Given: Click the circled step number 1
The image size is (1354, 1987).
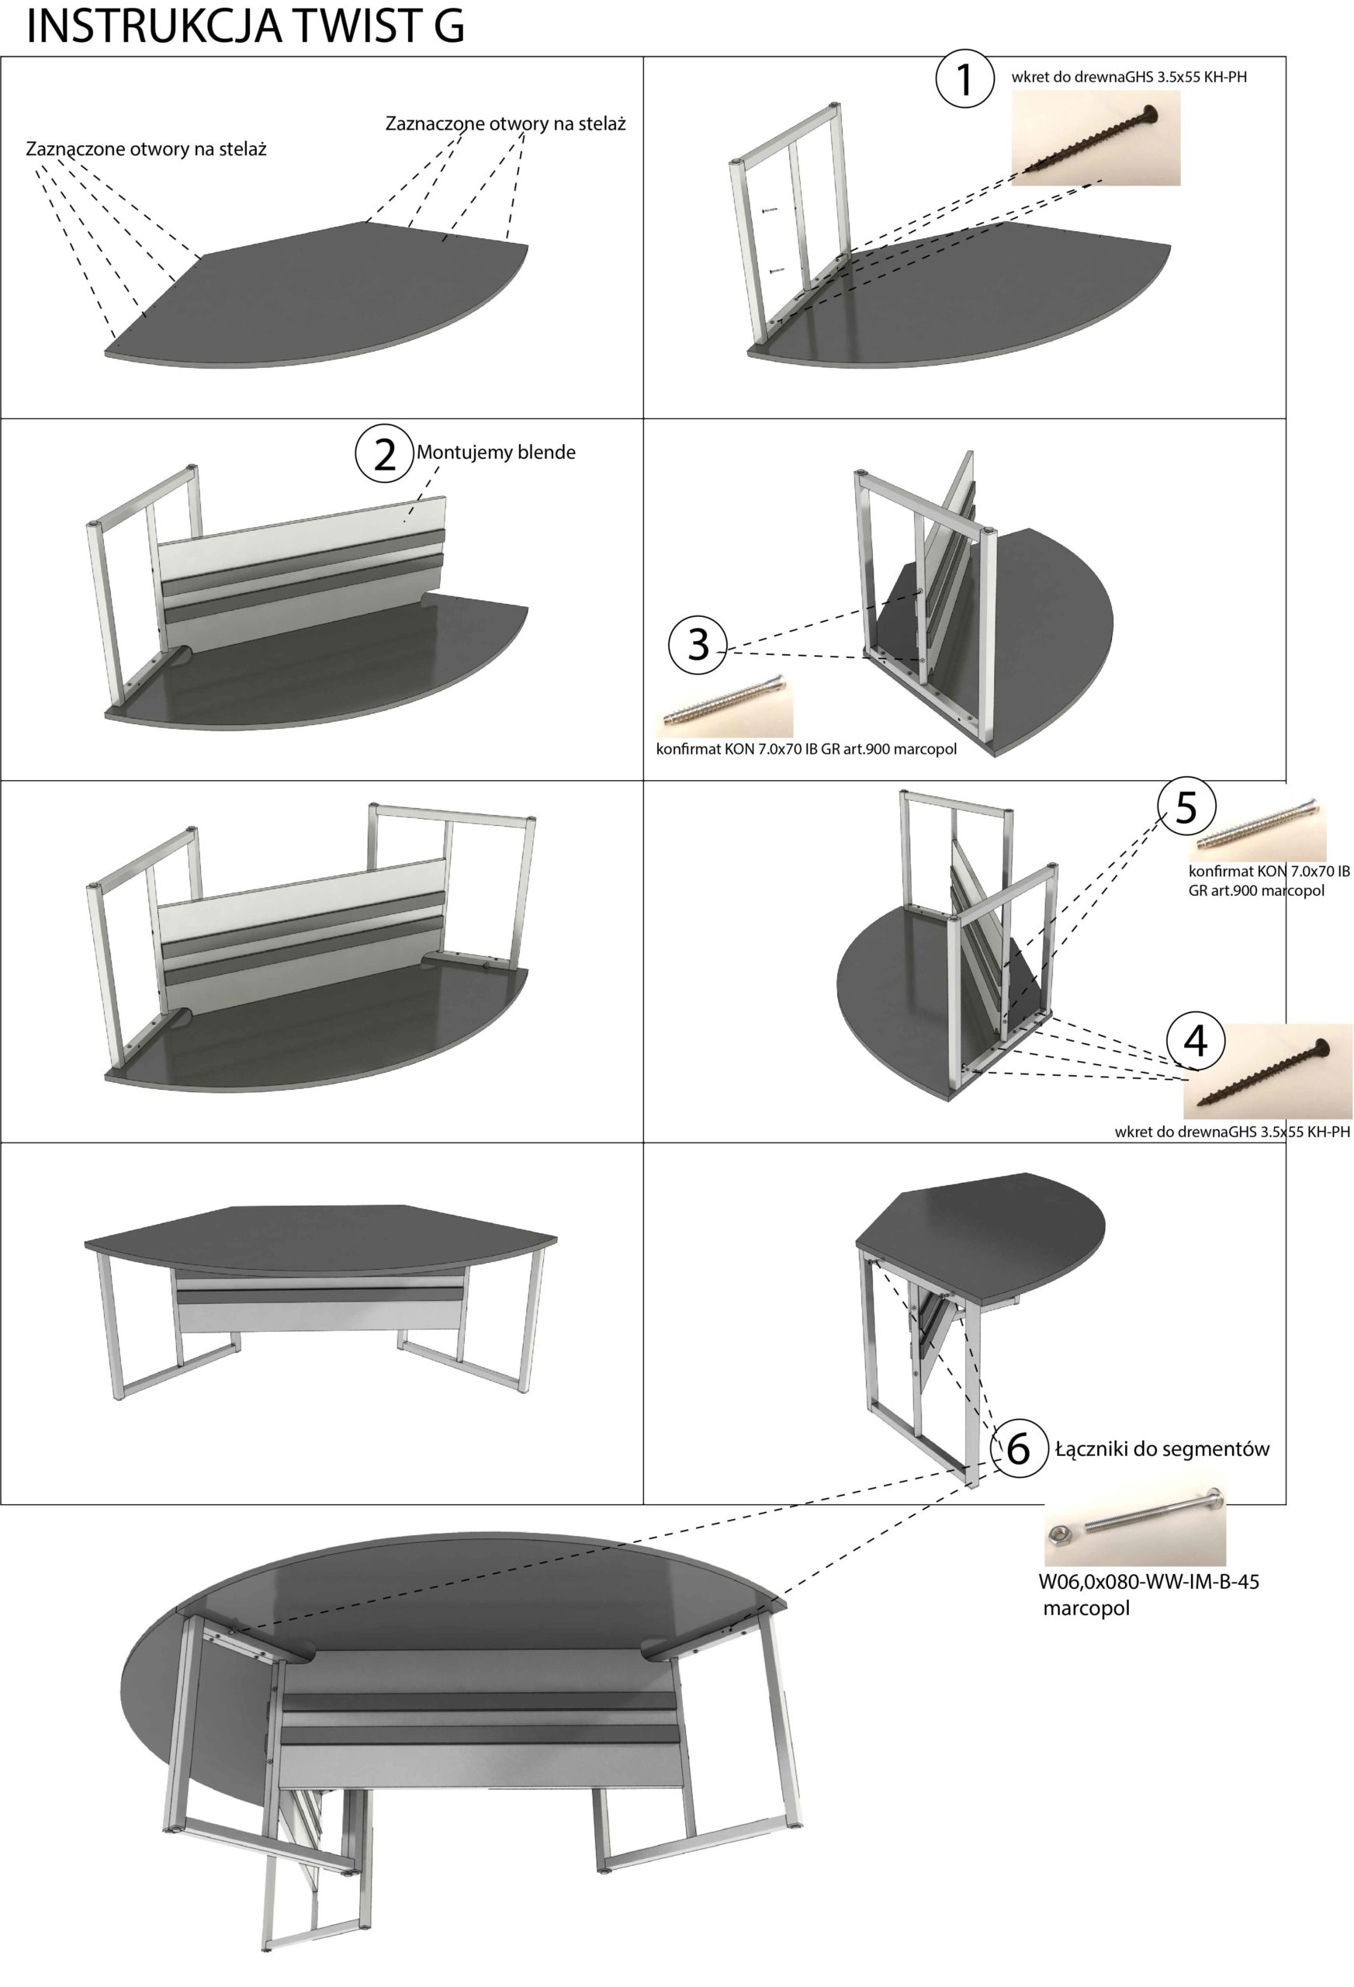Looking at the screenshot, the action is pyautogui.click(x=965, y=78).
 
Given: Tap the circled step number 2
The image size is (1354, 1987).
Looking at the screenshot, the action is pyautogui.click(x=385, y=454).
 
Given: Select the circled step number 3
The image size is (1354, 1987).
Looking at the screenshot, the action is pyautogui.click(x=698, y=643).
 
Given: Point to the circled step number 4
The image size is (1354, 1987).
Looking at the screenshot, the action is pyautogui.click(x=1195, y=1041).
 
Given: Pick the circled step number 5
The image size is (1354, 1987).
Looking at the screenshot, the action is pyautogui.click(x=1186, y=806).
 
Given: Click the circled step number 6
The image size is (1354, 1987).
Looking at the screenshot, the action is pyautogui.click(x=1019, y=1448).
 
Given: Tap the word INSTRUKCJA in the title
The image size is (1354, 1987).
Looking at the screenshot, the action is pyautogui.click(x=153, y=26).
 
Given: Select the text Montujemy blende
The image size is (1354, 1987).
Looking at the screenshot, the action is pyautogui.click(x=496, y=453).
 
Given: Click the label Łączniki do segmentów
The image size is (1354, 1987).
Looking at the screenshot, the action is pyautogui.click(x=1162, y=1448).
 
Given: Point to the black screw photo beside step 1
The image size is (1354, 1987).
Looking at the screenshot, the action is pyautogui.click(x=1095, y=138).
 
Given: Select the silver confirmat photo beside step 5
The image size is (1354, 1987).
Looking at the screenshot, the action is pyautogui.click(x=1258, y=833).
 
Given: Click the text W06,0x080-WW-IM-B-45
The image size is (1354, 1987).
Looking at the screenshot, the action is pyautogui.click(x=1149, y=1581).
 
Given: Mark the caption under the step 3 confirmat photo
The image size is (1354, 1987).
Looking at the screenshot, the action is pyautogui.click(x=806, y=750).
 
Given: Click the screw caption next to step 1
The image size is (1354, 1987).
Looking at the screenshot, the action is pyautogui.click(x=1128, y=77).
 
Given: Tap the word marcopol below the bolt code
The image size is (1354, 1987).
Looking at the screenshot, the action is pyautogui.click(x=1086, y=1608).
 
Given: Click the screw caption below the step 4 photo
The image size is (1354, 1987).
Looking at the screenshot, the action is pyautogui.click(x=1233, y=1132).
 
